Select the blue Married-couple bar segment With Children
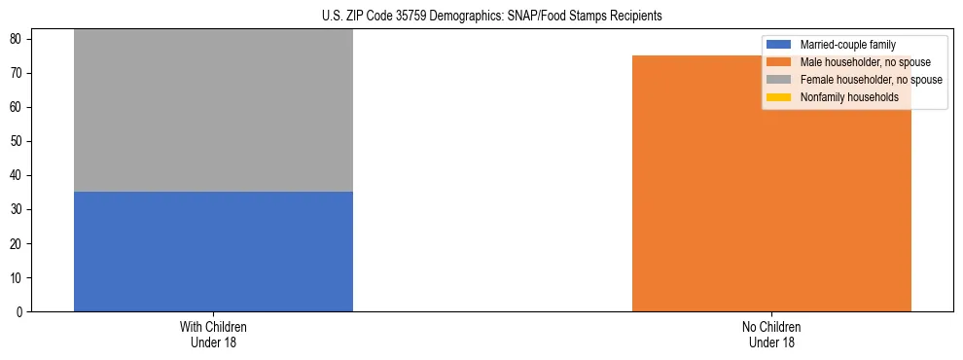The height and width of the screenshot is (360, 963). [x=213, y=251]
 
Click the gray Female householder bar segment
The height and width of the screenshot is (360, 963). [x=213, y=110]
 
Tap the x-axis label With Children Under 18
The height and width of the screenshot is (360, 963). [x=213, y=334]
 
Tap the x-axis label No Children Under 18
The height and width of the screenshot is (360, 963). [x=771, y=334]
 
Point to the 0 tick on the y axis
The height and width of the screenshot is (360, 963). [x=20, y=312]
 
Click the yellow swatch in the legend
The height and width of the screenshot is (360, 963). [x=779, y=97]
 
